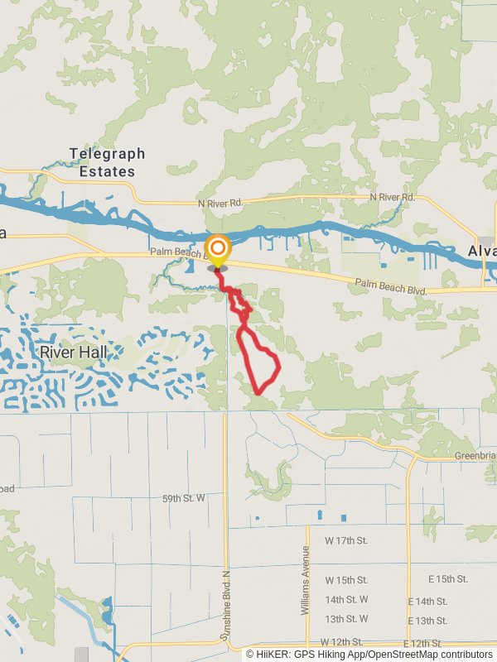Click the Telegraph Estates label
[107, 162]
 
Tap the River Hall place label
[74, 352]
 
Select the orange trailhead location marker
[218, 250]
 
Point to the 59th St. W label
[182, 499]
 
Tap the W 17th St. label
[346, 540]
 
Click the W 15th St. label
[346, 580]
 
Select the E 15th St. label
[447, 579]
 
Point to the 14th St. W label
[346, 599]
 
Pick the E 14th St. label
[427, 602]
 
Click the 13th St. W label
[346, 619]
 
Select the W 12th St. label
[341, 642]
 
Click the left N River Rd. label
[220, 203]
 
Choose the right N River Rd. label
[392, 197]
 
